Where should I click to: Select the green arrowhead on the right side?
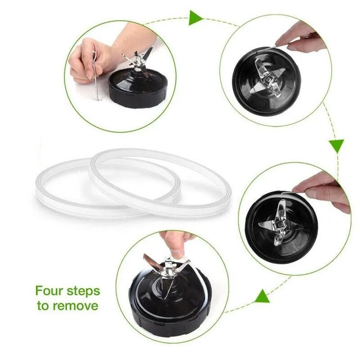(x=336, y=145)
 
